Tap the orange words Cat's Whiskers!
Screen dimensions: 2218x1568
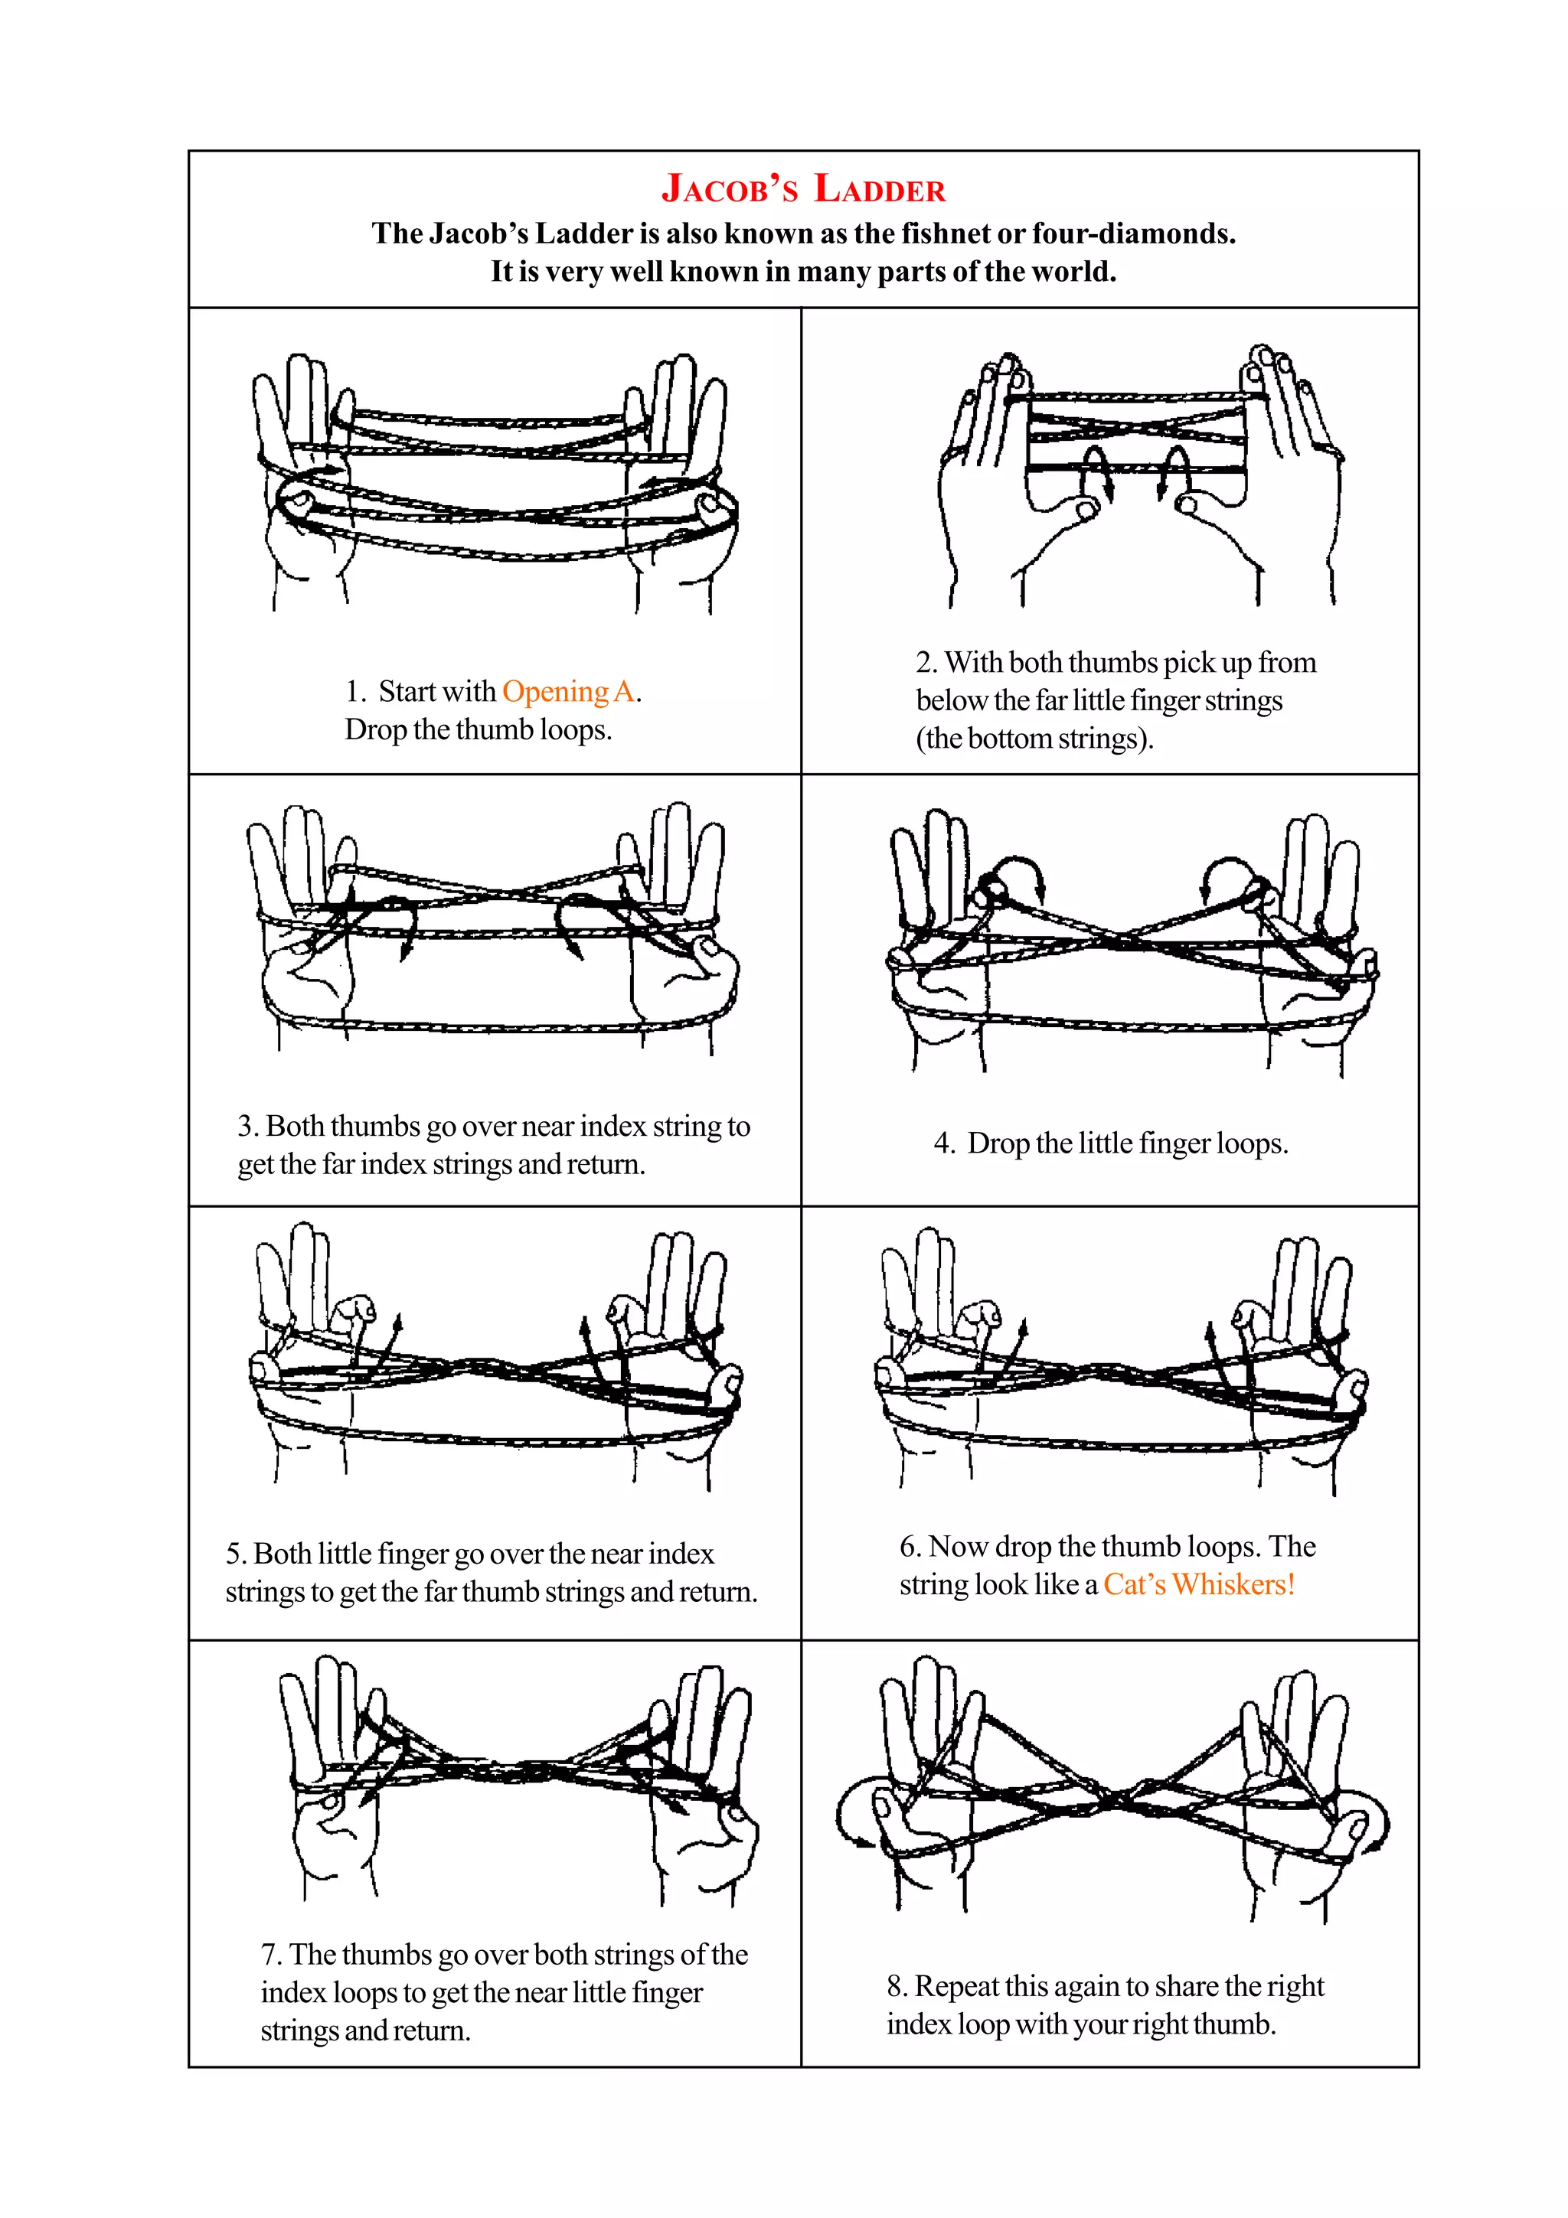(x=1198, y=1584)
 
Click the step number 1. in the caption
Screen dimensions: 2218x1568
(x=355, y=692)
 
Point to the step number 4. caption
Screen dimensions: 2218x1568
(x=943, y=1143)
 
